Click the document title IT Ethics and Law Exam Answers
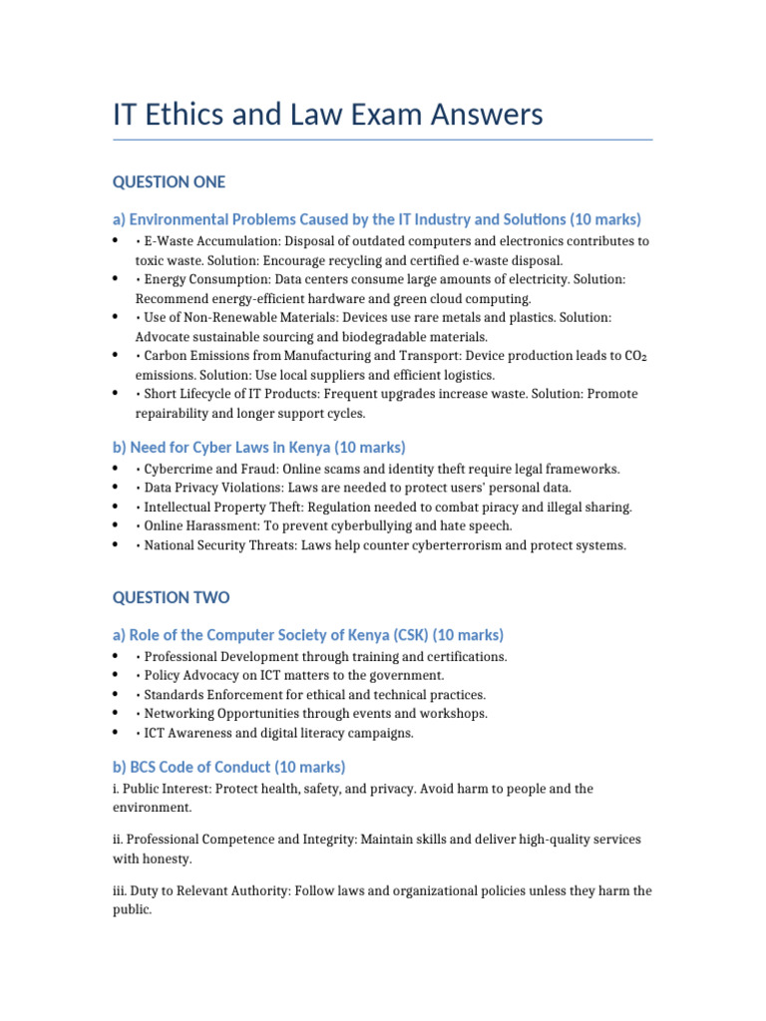point(328,115)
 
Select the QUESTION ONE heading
point(169,181)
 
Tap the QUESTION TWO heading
point(171,597)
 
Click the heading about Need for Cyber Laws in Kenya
point(259,447)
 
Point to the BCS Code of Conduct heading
point(228,767)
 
